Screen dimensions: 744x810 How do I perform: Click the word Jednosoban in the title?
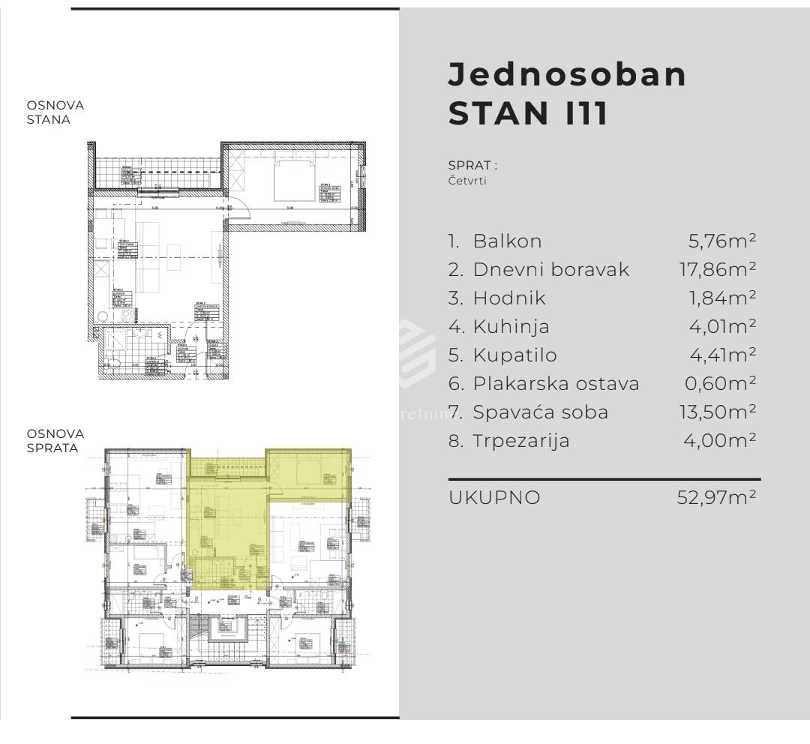pyautogui.click(x=567, y=75)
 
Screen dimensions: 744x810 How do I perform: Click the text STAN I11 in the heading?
pyautogui.click(x=528, y=114)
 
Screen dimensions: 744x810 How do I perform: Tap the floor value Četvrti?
pyautogui.click(x=467, y=181)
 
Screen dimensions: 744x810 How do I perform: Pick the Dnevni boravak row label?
pyautogui.click(x=551, y=270)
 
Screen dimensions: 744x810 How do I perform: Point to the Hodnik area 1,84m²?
pyautogui.click(x=722, y=298)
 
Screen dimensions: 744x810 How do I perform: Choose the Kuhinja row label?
pyautogui.click(x=511, y=327)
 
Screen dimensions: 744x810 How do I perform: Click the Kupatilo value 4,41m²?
pyautogui.click(x=721, y=355)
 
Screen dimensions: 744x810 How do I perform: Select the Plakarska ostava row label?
pyautogui.click(x=556, y=384)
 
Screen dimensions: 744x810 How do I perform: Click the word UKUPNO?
pyautogui.click(x=494, y=497)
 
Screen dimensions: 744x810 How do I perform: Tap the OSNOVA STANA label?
pyautogui.click(x=55, y=112)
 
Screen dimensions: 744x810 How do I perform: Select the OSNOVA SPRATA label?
pyautogui.click(x=55, y=441)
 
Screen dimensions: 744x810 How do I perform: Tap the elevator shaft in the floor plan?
pyautogui.click(x=226, y=628)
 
